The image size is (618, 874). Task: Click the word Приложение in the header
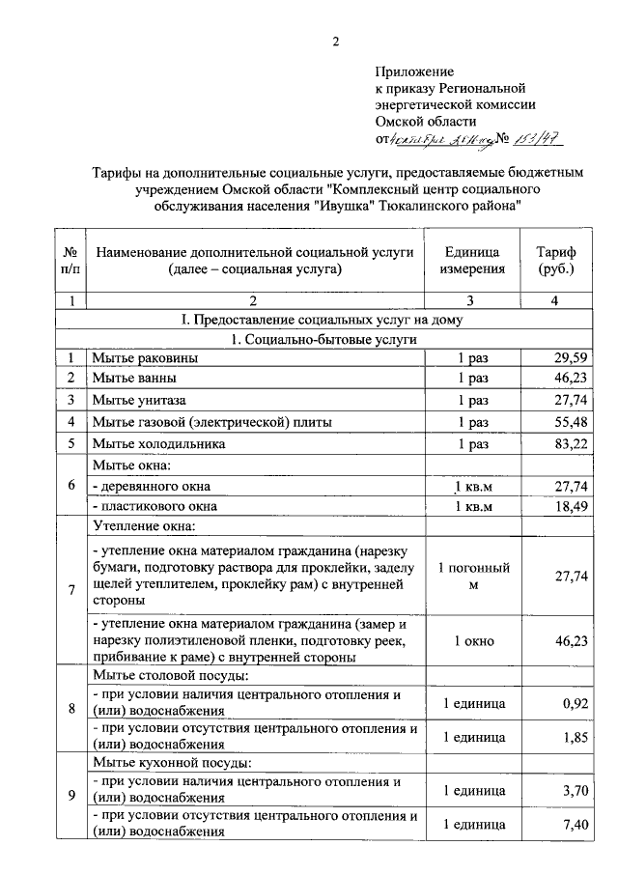pos(414,71)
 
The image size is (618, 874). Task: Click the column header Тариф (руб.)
pos(555,261)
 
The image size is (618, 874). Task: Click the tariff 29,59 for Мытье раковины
pos(570,359)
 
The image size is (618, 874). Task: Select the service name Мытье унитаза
pos(139,400)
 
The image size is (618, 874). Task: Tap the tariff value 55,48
pos(570,422)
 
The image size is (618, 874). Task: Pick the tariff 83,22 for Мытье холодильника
pos(570,444)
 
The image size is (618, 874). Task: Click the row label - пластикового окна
pos(151,506)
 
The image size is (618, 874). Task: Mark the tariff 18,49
pos(570,506)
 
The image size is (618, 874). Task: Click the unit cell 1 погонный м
pos(473,576)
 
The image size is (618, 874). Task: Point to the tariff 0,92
pos(575,703)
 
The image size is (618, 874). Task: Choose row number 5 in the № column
pos(70,444)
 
